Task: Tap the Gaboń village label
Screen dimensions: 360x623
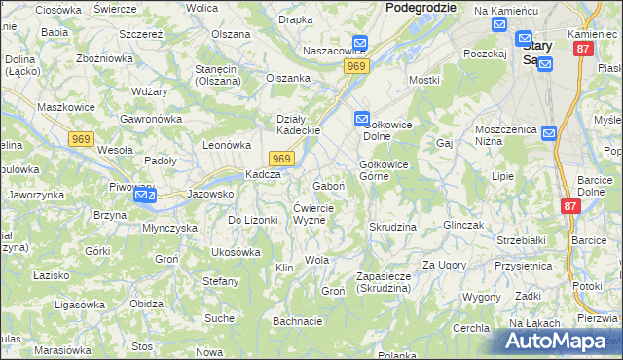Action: pyautogui.click(x=327, y=186)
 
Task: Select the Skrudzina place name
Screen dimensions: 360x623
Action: pyautogui.click(x=392, y=227)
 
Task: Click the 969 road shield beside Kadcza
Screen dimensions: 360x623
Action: pyautogui.click(x=280, y=159)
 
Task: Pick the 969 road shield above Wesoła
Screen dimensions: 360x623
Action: pyautogui.click(x=82, y=140)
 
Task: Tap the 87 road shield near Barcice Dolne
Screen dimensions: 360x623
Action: pyautogui.click(x=571, y=206)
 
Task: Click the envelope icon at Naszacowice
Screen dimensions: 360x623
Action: pyautogui.click(x=360, y=44)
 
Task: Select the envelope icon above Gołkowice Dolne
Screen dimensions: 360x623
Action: pyautogui.click(x=361, y=119)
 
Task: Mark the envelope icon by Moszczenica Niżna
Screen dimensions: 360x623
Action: pyautogui.click(x=548, y=133)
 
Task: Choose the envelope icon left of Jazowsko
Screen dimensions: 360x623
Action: pyautogui.click(x=144, y=196)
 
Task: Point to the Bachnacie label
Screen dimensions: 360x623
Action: pyautogui.click(x=297, y=320)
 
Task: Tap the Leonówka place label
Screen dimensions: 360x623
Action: pyautogui.click(x=227, y=144)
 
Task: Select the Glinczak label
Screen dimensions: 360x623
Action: pyautogui.click(x=463, y=225)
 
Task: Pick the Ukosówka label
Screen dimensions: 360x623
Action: pyautogui.click(x=236, y=252)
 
